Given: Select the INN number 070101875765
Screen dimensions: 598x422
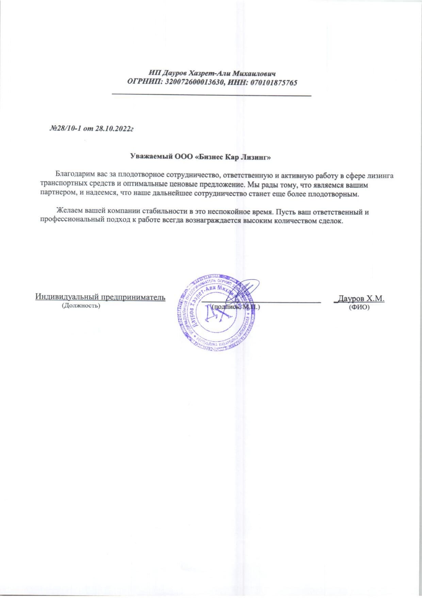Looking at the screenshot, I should [274, 82].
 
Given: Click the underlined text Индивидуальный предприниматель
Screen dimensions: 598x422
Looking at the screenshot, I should [100, 297].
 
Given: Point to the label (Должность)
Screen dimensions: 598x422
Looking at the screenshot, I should [81, 306].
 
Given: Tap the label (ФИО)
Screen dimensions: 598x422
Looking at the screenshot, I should [359, 307].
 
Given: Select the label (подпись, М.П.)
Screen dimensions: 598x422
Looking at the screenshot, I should [235, 307].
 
